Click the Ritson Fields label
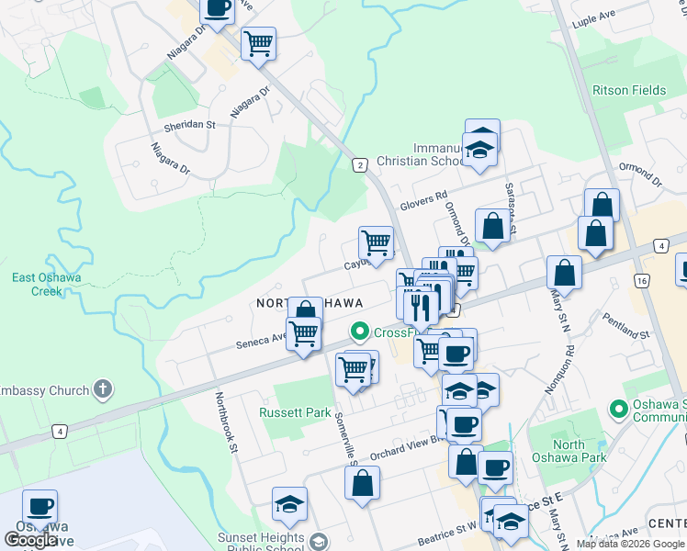tap(629, 90)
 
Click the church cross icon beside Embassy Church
tap(102, 389)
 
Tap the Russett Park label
tap(294, 412)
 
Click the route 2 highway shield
tap(360, 165)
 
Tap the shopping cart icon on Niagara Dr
tap(258, 43)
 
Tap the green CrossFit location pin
tap(358, 332)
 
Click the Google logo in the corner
tap(30, 540)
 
